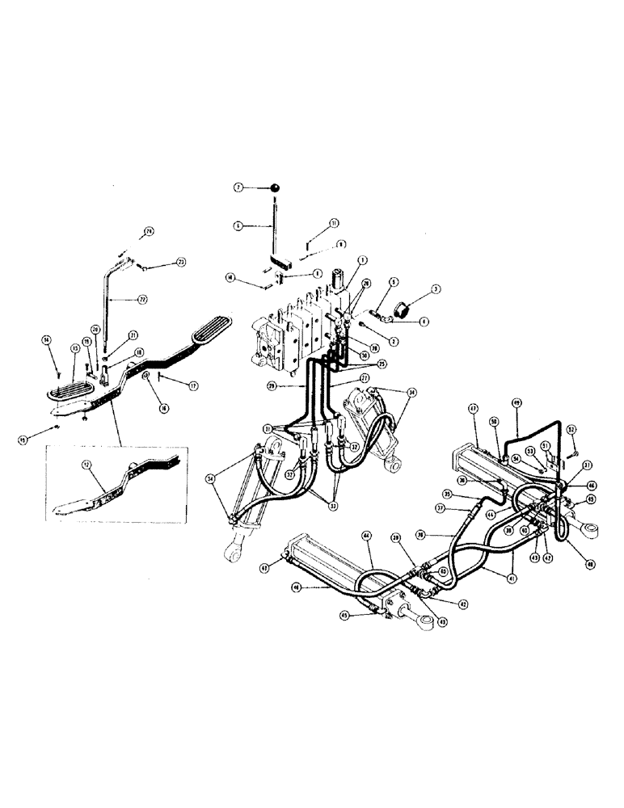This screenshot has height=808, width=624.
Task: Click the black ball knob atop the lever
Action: (x=276, y=188)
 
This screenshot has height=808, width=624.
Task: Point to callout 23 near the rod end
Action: (x=180, y=262)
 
